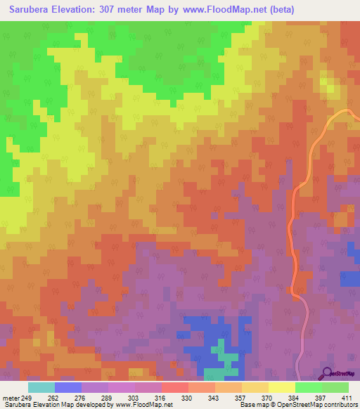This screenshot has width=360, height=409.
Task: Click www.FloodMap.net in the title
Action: pyautogui.click(x=229, y=10)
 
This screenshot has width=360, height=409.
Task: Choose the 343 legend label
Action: pyautogui.click(x=224, y=398)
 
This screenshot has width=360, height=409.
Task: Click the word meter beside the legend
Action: pyautogui.click(x=11, y=398)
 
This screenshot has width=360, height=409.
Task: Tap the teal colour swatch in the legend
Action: pyautogui.click(x=41, y=387)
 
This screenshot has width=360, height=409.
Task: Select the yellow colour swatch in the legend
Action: pyautogui.click(x=282, y=387)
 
